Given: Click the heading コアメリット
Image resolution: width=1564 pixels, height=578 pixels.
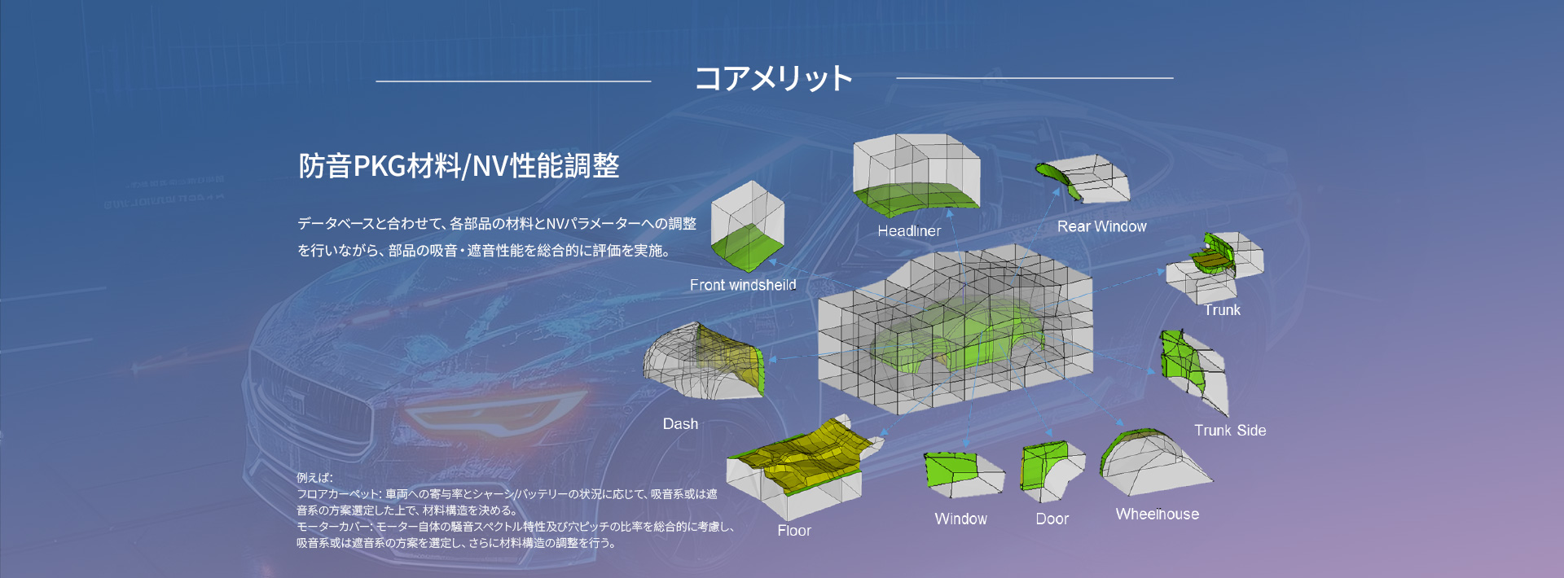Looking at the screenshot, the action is [773, 78].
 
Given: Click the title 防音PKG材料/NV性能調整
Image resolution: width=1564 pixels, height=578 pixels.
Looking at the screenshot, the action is [459, 166].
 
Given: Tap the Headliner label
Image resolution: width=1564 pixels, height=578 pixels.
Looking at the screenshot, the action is [909, 231].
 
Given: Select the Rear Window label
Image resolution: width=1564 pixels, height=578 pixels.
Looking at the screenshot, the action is [1101, 226].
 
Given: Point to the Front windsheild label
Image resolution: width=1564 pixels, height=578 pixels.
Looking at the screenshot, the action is [743, 285].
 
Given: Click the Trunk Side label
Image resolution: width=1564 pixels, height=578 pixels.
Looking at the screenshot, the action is [1230, 431].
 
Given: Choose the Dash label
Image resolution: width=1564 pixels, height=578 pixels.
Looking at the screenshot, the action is [680, 424].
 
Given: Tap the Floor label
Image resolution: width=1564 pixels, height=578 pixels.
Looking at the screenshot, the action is [794, 531].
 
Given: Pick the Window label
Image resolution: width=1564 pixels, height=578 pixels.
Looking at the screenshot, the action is [961, 519].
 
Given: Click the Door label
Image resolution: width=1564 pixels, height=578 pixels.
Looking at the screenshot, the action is [1052, 519].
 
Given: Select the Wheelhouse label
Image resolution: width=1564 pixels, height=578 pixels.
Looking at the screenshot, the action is [1158, 515].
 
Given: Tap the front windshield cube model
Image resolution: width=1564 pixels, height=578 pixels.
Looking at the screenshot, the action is [747, 226].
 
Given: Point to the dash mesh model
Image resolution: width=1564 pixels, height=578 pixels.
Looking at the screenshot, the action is [704, 361].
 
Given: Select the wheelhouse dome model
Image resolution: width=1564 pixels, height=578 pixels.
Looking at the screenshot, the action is [1153, 462].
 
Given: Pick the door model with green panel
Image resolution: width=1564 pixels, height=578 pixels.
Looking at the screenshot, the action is [1052, 471].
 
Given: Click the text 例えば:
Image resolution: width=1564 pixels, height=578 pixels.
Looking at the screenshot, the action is [314, 478].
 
